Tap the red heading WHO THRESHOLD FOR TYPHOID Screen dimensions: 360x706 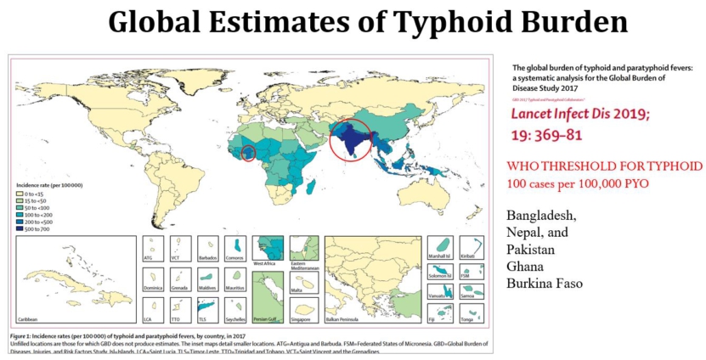coord(604,166)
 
